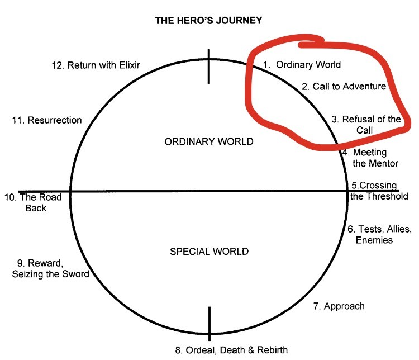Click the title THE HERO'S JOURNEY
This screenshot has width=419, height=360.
coord(208,21)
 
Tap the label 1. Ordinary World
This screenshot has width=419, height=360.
coord(302,65)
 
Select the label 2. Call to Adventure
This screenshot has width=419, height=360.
coord(344,87)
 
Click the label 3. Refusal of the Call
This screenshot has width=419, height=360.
coord(366,124)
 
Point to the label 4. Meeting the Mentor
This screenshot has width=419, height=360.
coord(371,158)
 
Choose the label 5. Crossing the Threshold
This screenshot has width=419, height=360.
coord(379,191)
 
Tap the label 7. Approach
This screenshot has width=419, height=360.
coord(339,306)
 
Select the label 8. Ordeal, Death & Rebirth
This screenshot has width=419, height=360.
coord(231,350)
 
